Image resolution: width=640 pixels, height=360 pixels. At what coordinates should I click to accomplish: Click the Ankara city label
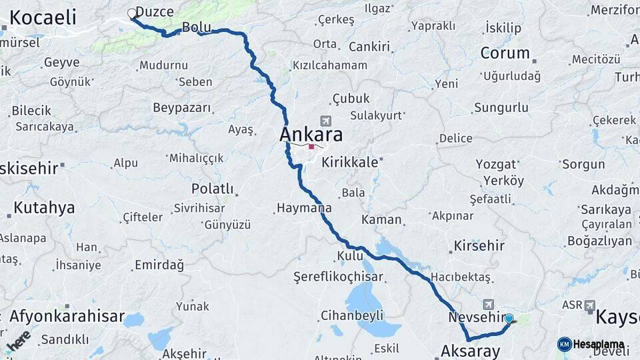tap(311, 135)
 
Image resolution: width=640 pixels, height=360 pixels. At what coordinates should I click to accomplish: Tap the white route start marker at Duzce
tap(132, 13)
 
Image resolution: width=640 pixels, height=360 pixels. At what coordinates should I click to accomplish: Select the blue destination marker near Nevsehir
tap(509, 319)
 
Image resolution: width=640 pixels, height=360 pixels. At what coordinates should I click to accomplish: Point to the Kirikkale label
tap(349, 162)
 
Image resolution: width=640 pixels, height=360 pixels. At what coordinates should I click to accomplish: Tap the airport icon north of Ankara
tap(325, 121)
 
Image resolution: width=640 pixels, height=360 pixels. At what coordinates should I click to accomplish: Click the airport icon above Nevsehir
tap(489, 304)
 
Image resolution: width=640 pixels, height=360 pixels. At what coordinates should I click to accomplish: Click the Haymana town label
tap(304, 208)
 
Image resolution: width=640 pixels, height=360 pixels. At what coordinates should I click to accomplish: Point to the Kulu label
tap(350, 256)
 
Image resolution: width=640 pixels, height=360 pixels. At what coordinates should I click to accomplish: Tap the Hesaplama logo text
tap(599, 345)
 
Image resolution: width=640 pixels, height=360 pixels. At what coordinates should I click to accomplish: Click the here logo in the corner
tap(19, 340)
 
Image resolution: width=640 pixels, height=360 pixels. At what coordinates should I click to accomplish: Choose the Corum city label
tap(505, 53)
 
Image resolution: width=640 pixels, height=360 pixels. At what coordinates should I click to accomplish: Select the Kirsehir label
tap(479, 245)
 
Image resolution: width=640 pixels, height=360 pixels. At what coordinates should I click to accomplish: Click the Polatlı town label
tap(212, 189)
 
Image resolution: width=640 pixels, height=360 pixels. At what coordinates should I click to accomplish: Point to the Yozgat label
tap(496, 164)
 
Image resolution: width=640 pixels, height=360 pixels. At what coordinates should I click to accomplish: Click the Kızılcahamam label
tap(330, 65)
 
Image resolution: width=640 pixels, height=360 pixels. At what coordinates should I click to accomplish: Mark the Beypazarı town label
tap(181, 108)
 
